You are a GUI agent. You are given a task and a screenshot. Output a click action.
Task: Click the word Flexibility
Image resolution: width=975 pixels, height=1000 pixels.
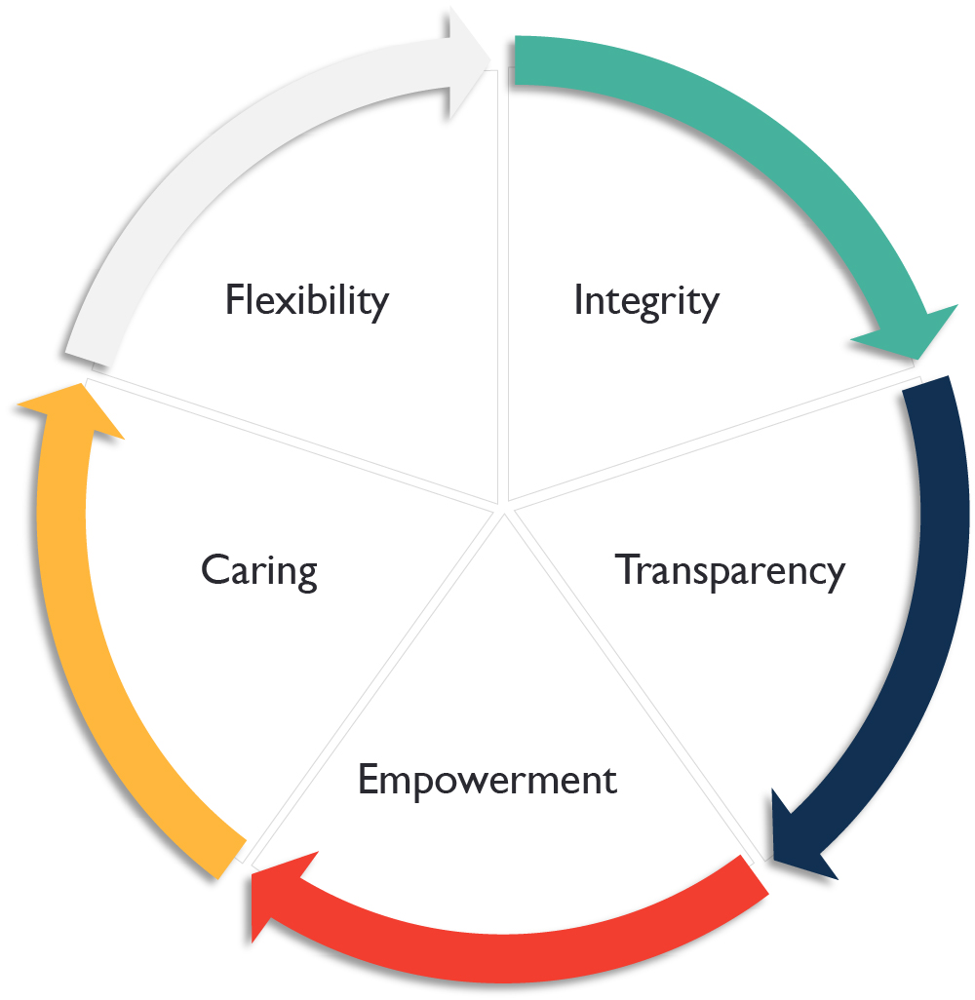point(306,299)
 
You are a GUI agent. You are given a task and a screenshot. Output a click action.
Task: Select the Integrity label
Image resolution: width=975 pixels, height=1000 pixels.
point(645,301)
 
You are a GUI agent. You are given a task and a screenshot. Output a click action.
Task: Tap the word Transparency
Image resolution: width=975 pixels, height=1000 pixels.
point(729,570)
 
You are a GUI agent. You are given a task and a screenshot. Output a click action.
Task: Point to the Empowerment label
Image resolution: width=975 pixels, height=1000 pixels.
point(487,781)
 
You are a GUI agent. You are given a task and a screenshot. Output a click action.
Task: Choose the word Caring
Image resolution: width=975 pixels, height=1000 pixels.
point(259,569)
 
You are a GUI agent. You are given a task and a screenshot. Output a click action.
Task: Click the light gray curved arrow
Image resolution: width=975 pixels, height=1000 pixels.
point(214,146)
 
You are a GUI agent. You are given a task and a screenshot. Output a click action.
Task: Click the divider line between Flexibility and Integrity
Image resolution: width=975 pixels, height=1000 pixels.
point(504,292)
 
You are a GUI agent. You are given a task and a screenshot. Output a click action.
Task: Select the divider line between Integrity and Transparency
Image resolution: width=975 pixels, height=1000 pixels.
point(712,439)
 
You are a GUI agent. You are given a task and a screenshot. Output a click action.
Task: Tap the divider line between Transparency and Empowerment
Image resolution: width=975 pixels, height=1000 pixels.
point(634,682)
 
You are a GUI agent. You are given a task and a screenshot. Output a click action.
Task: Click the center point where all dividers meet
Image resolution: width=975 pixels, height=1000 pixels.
point(504,507)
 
